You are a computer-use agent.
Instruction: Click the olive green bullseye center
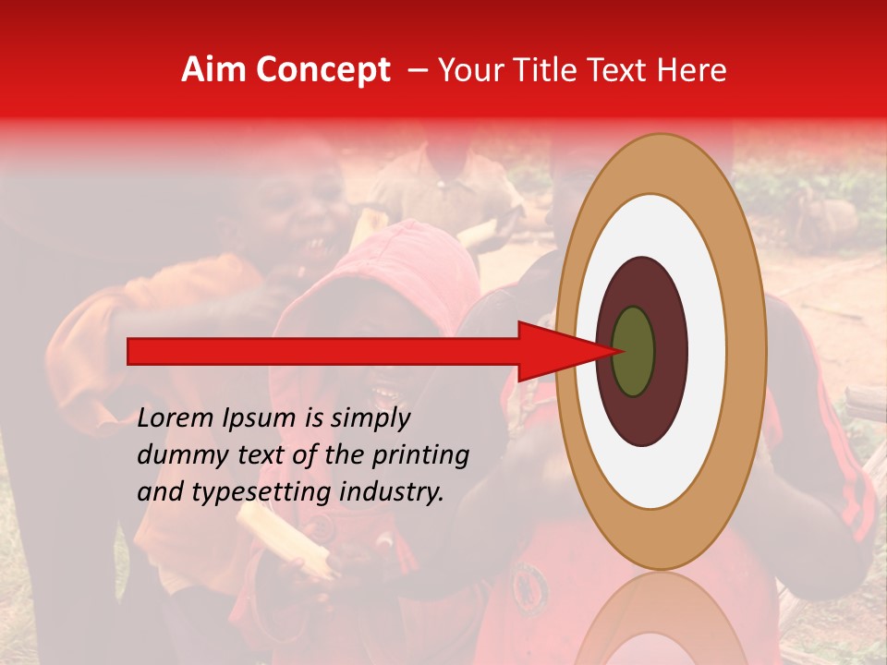click(x=633, y=351)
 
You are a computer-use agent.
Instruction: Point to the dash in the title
click(x=417, y=70)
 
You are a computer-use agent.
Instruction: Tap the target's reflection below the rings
click(x=660, y=619)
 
